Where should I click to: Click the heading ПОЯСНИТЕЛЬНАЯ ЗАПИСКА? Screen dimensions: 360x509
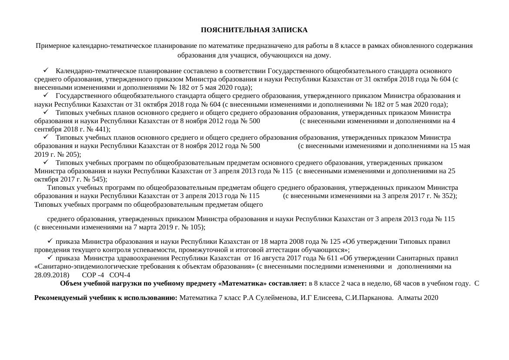pyautogui.click(x=254, y=30)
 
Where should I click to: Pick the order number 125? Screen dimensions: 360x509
pyautogui.click(x=335, y=242)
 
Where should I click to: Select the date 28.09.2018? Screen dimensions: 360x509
pyautogui.click(x=51, y=275)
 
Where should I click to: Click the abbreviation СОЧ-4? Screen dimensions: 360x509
pyautogui.click(x=120, y=275)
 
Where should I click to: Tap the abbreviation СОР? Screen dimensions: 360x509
pyautogui.click(x=89, y=275)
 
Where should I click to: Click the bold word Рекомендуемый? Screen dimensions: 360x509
pyautogui.click(x=62, y=298)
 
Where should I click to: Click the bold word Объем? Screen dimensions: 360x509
pyautogui.click(x=70, y=283)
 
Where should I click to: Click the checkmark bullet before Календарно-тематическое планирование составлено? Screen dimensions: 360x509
pyautogui.click(x=45, y=71)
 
